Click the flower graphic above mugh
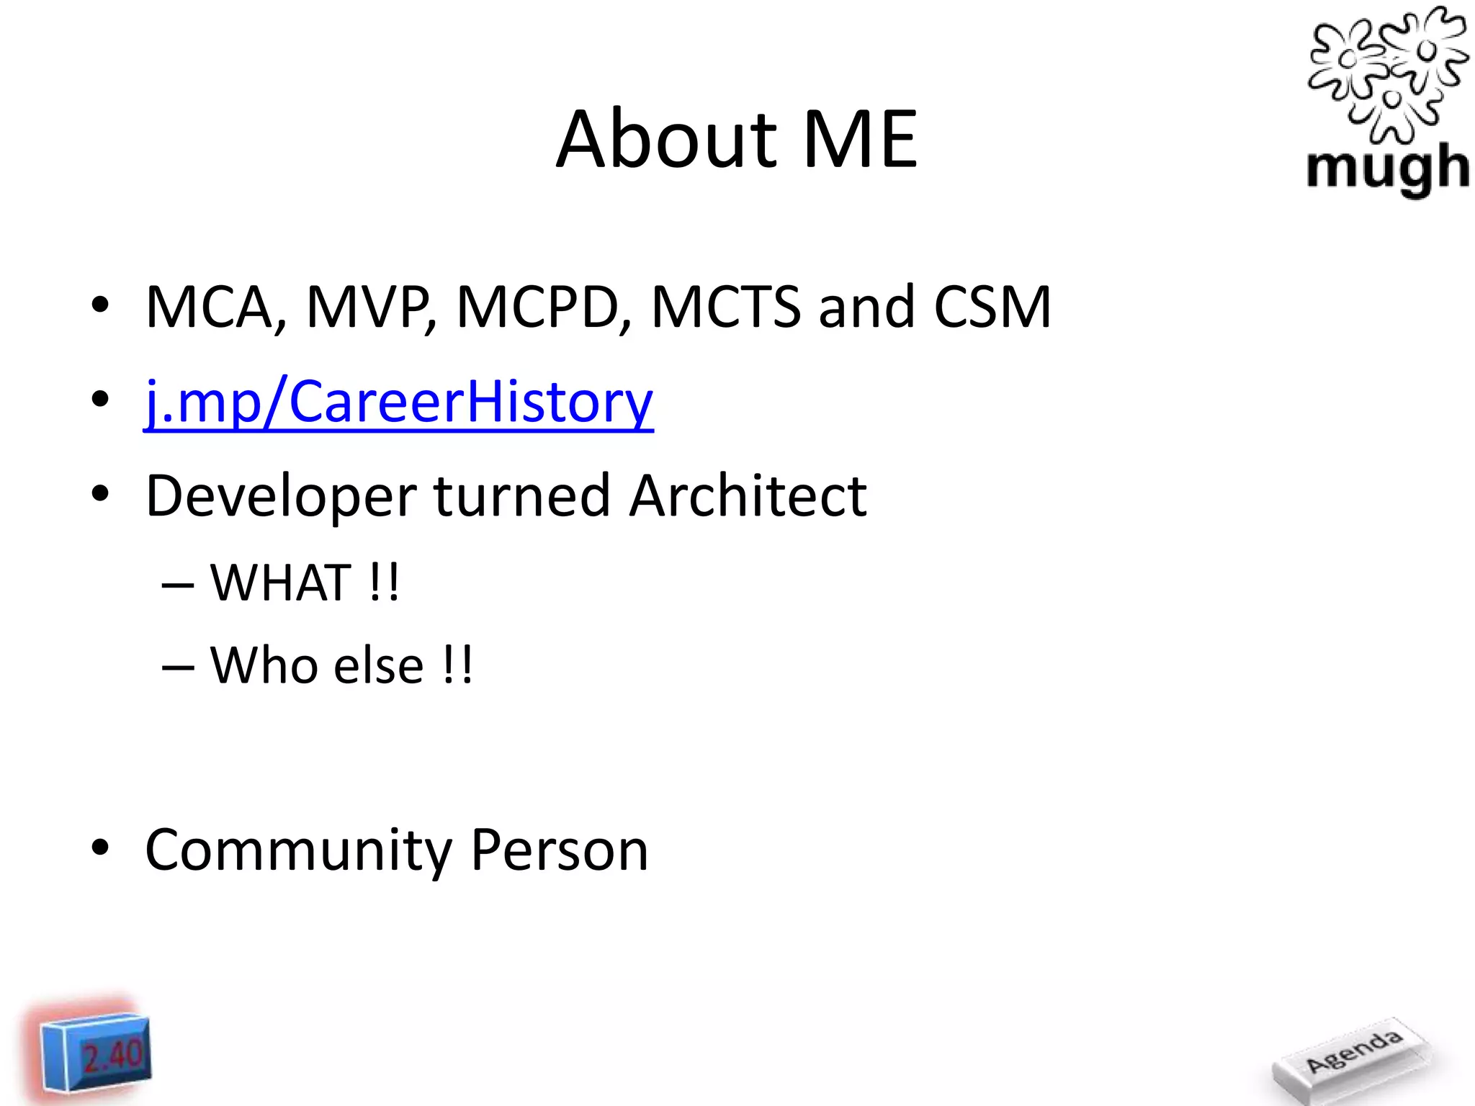pos(1387,72)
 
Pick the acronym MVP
pos(369,307)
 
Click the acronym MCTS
pos(725,307)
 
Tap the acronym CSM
pos(992,307)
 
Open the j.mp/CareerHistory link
pos(398,401)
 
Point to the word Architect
pos(748,497)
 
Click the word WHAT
pos(281,583)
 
